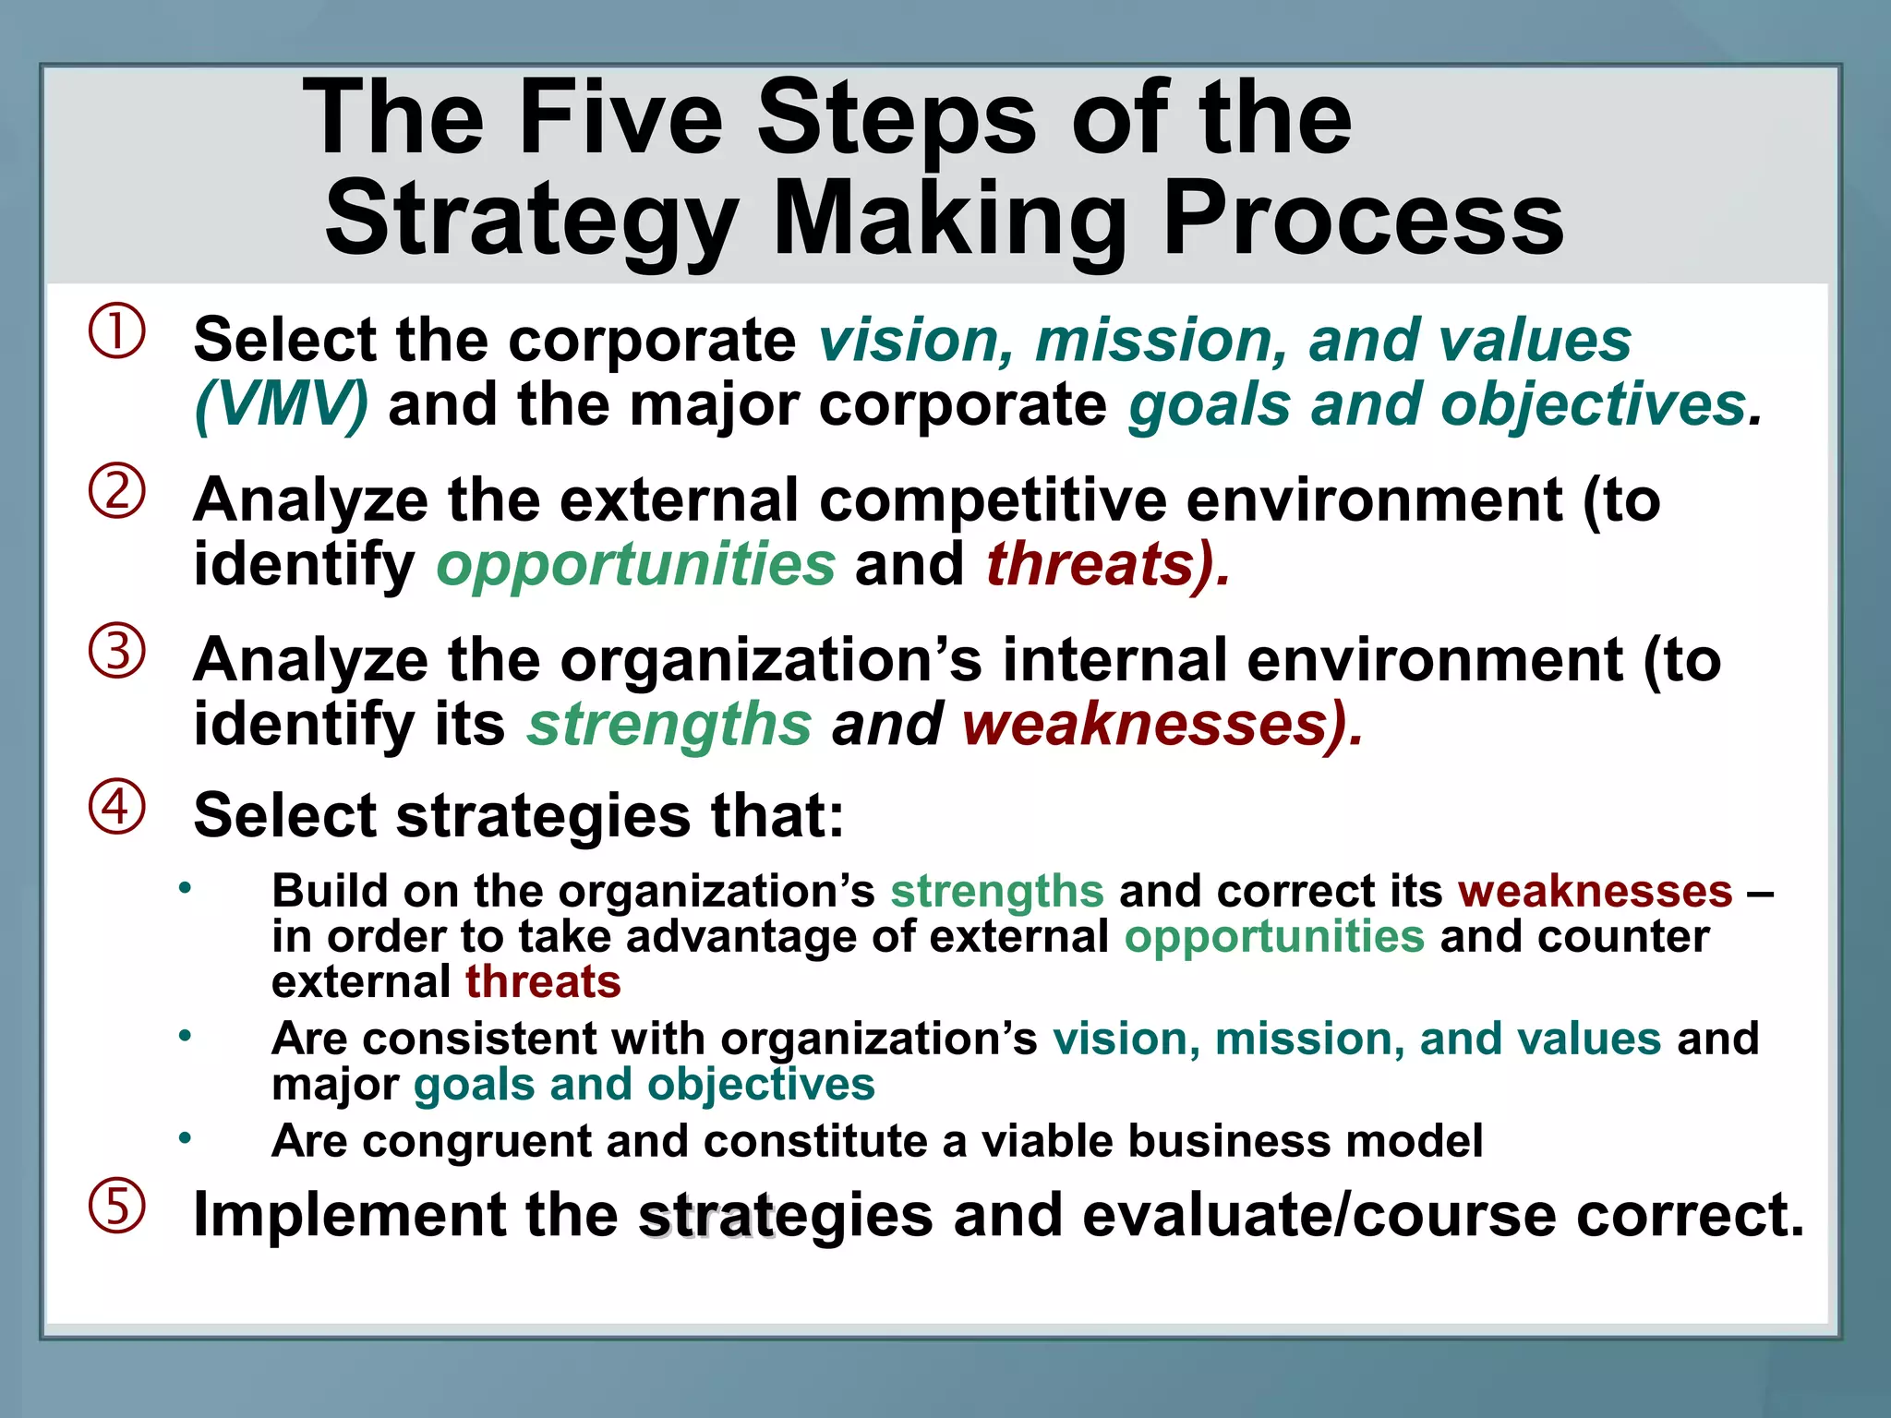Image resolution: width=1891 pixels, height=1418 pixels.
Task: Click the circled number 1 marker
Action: [x=116, y=331]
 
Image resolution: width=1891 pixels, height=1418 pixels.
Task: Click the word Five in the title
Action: [x=620, y=117]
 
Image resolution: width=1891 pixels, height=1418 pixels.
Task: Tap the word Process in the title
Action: [x=1363, y=219]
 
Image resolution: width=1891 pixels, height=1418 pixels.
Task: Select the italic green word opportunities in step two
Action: [x=635, y=564]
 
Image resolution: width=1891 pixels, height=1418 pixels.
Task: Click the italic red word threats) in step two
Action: [x=1106, y=564]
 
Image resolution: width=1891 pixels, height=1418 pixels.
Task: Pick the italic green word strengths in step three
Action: [x=668, y=724]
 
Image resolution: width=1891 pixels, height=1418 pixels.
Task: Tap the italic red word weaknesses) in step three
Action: [x=1160, y=724]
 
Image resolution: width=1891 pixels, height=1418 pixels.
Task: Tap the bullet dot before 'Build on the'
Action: [x=186, y=888]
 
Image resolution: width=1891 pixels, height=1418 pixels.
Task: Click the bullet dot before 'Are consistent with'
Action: [x=186, y=1036]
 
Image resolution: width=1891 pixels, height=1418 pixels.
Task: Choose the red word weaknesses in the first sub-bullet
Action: [x=1595, y=892]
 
